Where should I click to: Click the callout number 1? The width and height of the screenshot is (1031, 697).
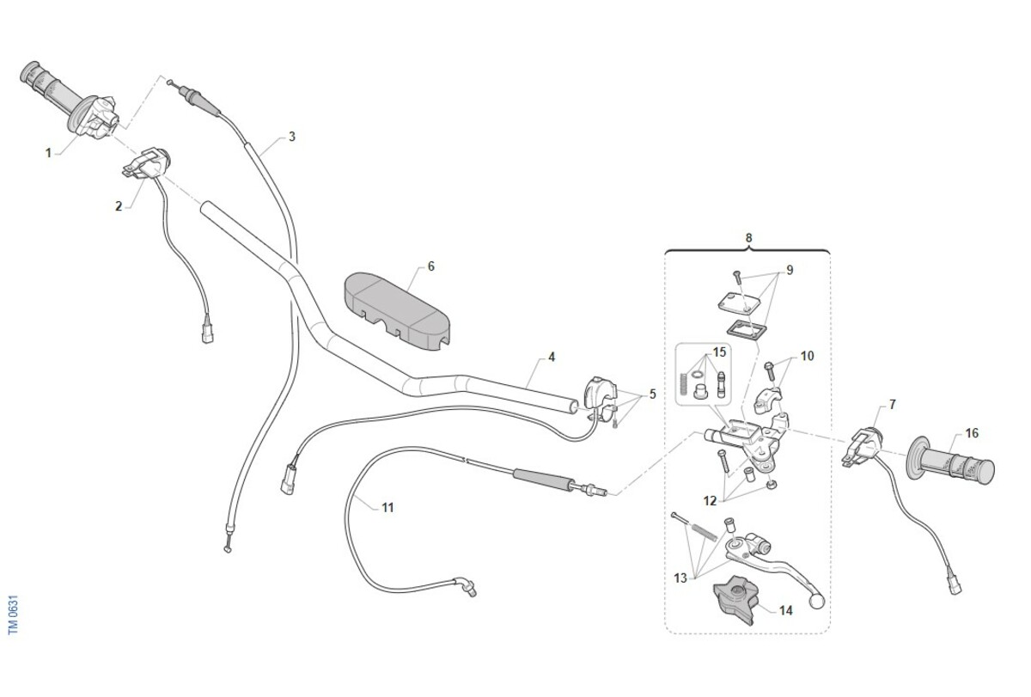[x=48, y=153]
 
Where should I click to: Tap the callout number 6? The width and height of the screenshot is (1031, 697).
[x=430, y=266]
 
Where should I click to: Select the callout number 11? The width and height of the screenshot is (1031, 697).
[x=387, y=508]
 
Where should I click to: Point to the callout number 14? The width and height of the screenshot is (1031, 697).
[x=785, y=610]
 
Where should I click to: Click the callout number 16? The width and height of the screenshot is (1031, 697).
[x=972, y=433]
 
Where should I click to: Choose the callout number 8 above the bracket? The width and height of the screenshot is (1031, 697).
[x=749, y=238]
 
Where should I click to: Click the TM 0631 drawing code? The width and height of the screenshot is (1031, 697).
[x=14, y=614]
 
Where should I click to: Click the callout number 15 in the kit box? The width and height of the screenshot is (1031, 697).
[x=719, y=352]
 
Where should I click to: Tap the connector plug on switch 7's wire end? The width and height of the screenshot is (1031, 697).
[x=955, y=585]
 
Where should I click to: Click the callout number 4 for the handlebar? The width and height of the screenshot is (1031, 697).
[x=552, y=357]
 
